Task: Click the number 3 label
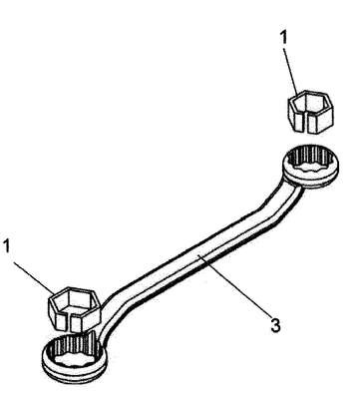click(275, 325)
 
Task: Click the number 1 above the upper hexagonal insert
click(283, 38)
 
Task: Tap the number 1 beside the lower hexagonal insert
click(8, 246)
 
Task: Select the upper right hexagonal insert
click(310, 112)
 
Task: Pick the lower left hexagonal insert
click(74, 309)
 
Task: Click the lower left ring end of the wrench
click(75, 358)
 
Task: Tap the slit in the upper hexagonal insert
click(304, 123)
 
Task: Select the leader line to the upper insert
click(291, 71)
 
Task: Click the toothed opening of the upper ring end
click(309, 162)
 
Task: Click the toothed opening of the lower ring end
click(73, 354)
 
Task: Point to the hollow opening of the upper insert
click(310, 103)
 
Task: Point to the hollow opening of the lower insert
click(75, 300)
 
